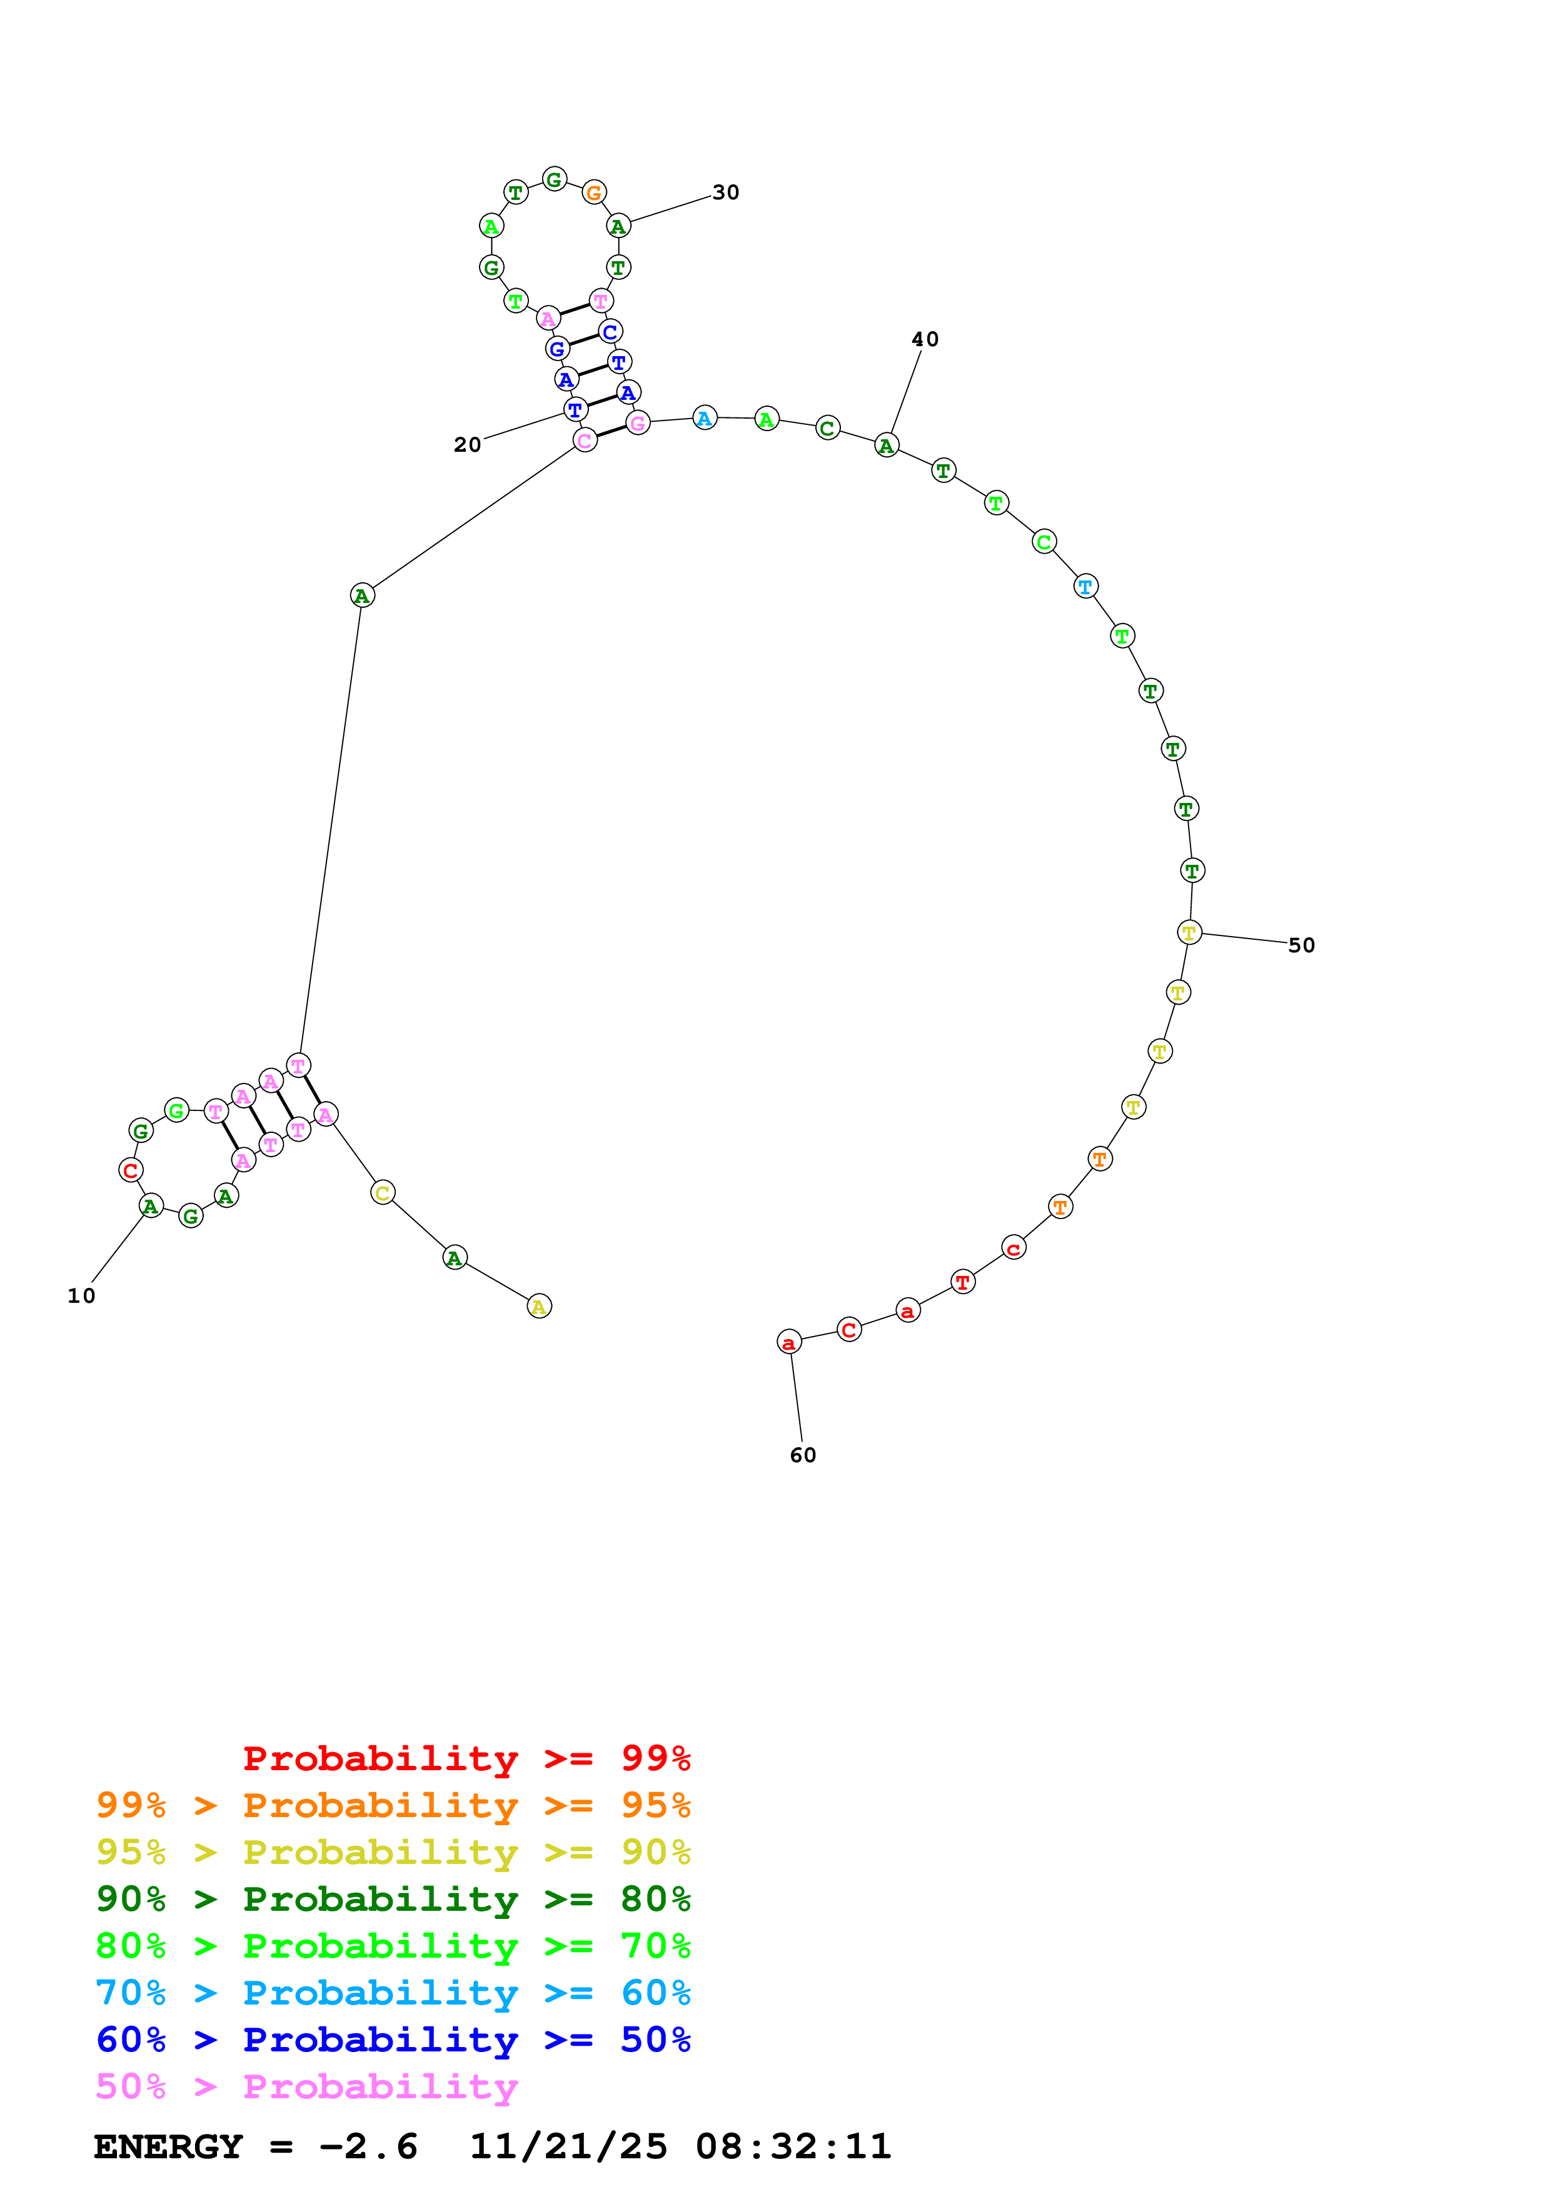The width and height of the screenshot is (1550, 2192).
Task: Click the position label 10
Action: pyautogui.click(x=81, y=1295)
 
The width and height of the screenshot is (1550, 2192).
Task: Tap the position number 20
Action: pyautogui.click(x=467, y=445)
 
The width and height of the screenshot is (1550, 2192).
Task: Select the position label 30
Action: pyautogui.click(x=726, y=193)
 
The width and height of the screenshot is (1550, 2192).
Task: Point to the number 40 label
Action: pyautogui.click(x=925, y=339)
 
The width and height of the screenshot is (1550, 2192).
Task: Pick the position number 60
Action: pyautogui.click(x=802, y=1455)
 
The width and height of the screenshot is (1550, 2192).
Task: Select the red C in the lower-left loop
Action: pyautogui.click(x=131, y=1170)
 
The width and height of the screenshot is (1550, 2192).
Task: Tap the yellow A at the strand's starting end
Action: pyautogui.click(x=538, y=1306)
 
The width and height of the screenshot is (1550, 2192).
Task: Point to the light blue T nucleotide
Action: pyautogui.click(x=1085, y=586)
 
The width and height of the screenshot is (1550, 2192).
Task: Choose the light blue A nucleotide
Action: pyautogui.click(x=704, y=418)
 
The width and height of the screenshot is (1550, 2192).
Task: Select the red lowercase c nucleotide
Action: pyautogui.click(x=1014, y=1248)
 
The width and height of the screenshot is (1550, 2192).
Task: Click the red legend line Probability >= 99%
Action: pyautogui.click(x=466, y=1758)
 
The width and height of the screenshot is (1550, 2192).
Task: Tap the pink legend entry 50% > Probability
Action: pyautogui.click(x=306, y=2087)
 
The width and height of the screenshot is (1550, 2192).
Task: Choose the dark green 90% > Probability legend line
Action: pyautogui.click(x=393, y=1900)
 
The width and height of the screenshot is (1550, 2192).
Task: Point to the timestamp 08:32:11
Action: pyautogui.click(x=793, y=2147)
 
